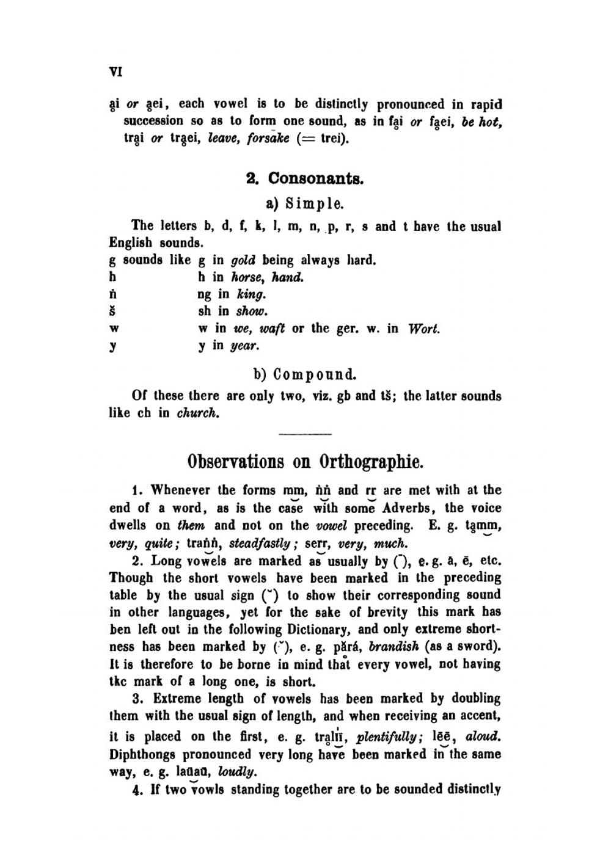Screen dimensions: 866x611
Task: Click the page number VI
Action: coord(115,71)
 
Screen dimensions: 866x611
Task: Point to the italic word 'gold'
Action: coord(243,261)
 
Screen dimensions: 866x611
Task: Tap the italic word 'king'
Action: coord(251,294)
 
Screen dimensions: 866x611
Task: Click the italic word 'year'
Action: coord(245,346)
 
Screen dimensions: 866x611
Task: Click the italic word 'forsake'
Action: coord(268,139)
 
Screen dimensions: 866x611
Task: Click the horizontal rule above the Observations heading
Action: coord(304,434)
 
